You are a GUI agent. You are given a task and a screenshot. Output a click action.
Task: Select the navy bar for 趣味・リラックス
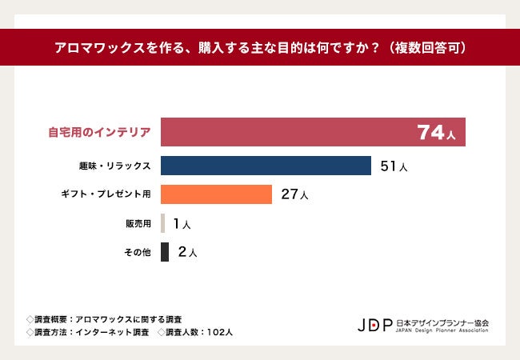pos(266,166)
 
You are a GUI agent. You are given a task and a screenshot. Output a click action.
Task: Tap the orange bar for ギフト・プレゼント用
pos(216,194)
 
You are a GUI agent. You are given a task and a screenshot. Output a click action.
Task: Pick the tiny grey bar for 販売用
pos(163,223)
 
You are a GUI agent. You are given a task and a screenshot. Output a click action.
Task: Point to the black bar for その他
pos(165,252)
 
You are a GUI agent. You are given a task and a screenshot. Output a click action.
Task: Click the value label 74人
pos(436,133)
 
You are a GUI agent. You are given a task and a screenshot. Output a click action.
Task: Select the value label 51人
pos(394,166)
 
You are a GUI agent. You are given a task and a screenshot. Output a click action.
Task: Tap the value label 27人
pos(294,195)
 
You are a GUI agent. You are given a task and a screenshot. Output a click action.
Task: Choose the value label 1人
pos(182,224)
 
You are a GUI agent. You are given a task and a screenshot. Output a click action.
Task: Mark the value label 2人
pos(187,253)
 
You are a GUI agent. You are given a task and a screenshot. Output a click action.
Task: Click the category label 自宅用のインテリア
pos(99,133)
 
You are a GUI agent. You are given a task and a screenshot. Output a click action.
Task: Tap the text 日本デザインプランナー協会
pos(442,322)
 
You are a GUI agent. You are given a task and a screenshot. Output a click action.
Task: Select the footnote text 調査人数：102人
pos(195,331)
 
